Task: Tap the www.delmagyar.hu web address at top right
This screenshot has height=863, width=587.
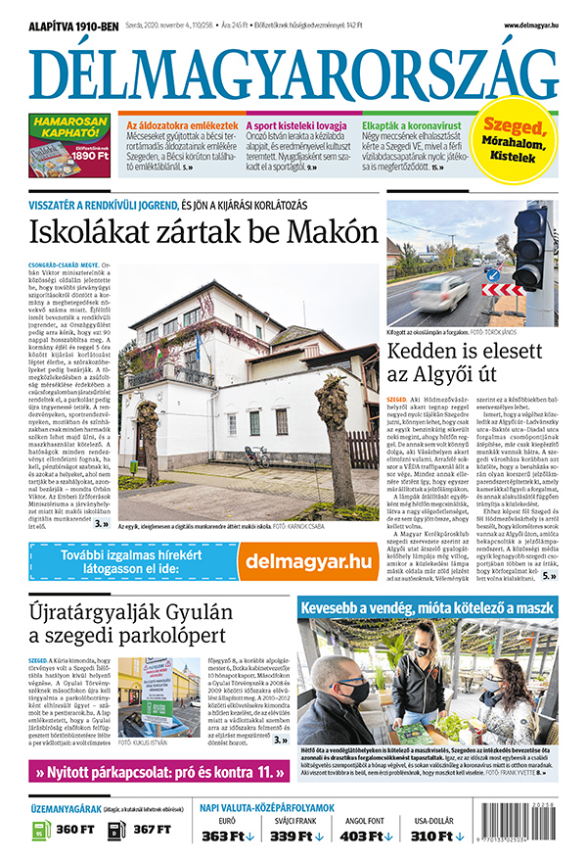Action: pos(531,24)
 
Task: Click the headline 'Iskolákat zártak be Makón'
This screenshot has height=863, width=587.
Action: pos(203,233)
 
